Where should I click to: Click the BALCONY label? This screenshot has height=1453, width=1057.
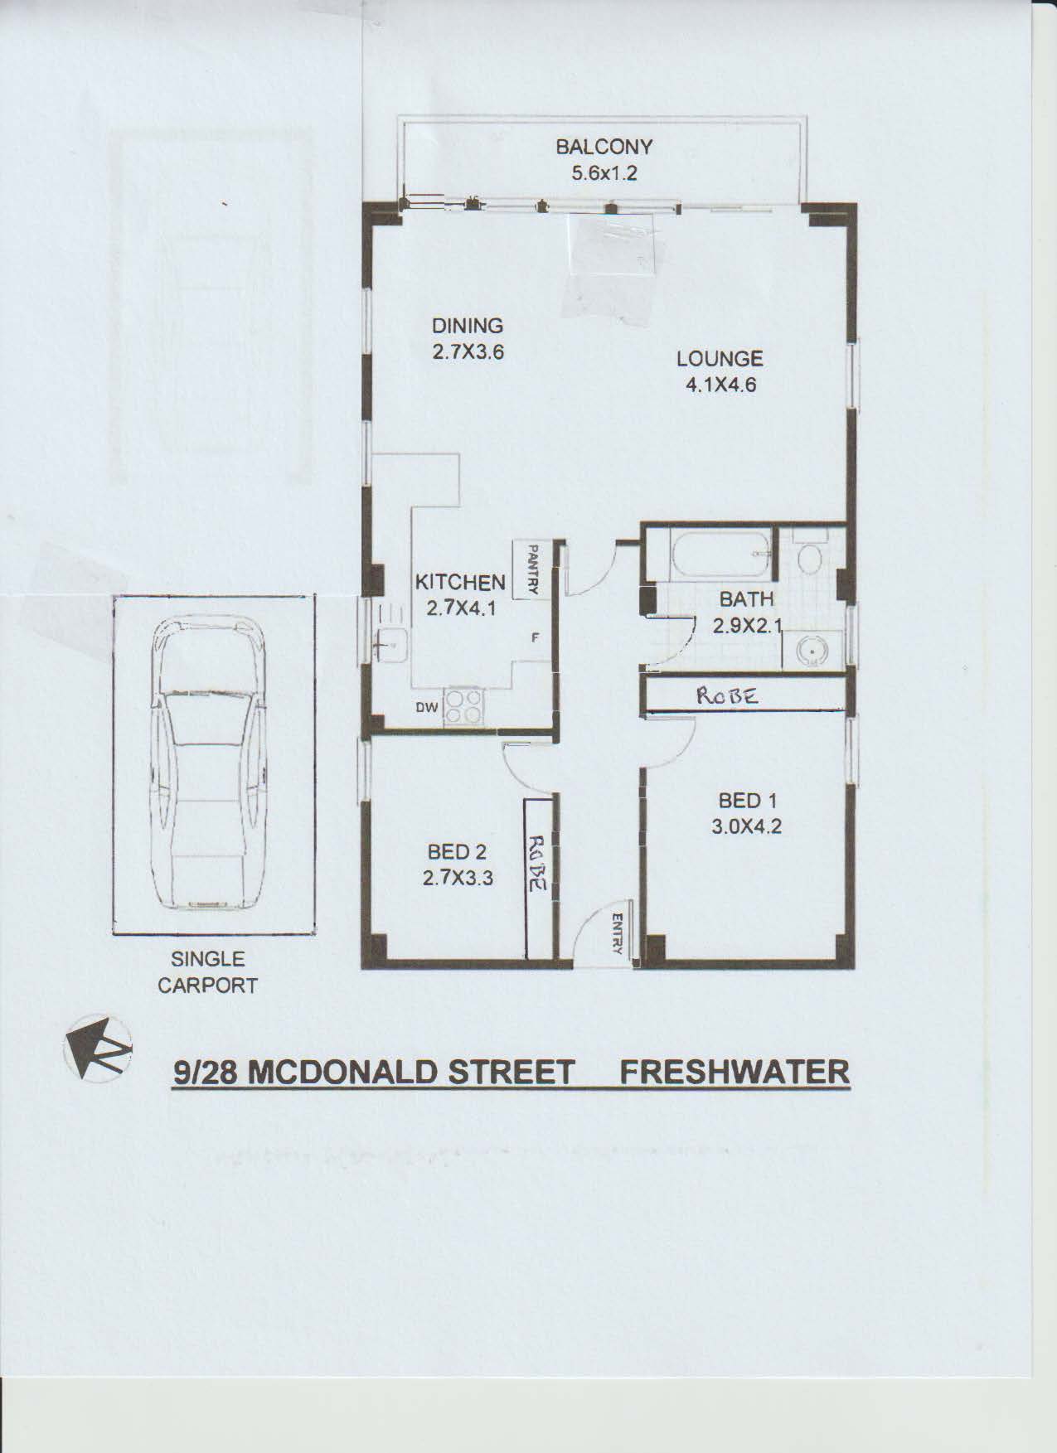604,147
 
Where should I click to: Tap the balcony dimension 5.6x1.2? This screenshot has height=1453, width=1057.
604,174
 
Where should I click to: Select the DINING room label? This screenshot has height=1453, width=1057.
468,326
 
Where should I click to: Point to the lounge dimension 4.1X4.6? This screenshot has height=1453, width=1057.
720,385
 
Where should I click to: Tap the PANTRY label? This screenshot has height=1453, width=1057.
534,569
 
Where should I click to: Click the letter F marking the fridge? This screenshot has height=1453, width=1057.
536,638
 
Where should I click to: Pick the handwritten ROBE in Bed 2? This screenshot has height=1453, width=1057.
536,862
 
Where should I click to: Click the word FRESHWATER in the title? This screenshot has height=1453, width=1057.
735,1072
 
